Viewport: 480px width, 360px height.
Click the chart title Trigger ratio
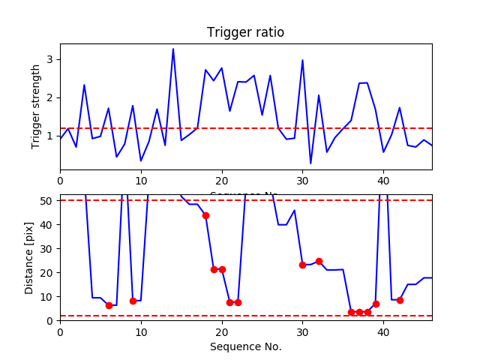pos(245,33)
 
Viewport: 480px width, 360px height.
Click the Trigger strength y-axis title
pos(36,106)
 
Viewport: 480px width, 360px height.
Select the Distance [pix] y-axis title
pos(29,256)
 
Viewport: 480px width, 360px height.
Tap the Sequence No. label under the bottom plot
pos(245,346)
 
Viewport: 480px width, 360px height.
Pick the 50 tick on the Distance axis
pos(46,200)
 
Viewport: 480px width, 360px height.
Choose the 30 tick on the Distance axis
pos(46,248)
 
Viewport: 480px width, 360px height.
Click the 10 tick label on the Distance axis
pos(46,296)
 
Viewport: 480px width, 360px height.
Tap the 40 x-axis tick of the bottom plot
pos(383,331)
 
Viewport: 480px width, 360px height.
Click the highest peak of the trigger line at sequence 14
pos(173,49)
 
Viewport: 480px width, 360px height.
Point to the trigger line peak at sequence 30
pos(302,60)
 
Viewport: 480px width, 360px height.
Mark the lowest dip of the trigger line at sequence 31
pos(310,163)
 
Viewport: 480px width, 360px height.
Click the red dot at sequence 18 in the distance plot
pos(205,215)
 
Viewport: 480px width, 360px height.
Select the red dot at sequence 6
pos(109,305)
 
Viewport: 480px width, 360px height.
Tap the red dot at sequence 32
pos(319,261)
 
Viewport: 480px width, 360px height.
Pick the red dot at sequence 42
pos(400,300)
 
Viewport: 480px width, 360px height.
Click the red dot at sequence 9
pos(133,301)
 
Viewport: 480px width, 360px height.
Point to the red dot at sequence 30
pos(302,265)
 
